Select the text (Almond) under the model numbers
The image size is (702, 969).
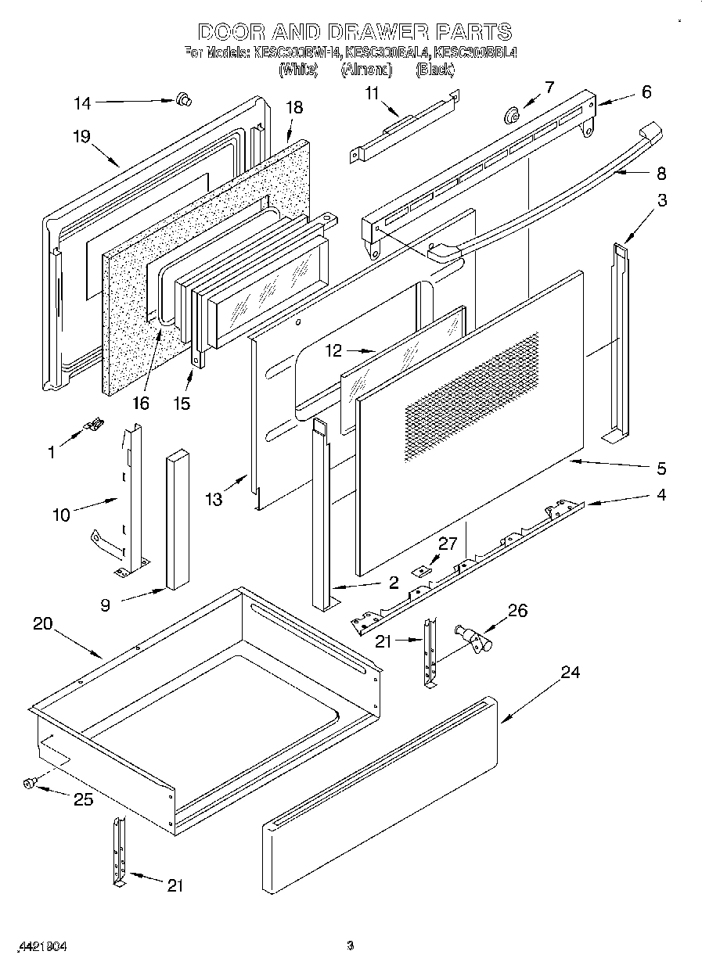[x=366, y=70]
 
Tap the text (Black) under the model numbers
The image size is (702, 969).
[x=434, y=70]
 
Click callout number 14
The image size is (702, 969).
[x=82, y=102]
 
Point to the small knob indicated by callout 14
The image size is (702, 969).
[x=185, y=99]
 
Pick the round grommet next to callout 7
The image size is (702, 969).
[x=512, y=116]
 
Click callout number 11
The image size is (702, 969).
[x=372, y=93]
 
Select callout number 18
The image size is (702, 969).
[x=294, y=108]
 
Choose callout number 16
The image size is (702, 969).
[x=140, y=404]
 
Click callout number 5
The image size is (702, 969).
[x=661, y=468]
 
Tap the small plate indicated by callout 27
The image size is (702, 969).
[x=423, y=572]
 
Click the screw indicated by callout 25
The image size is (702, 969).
[x=29, y=782]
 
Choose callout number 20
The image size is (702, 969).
[x=43, y=624]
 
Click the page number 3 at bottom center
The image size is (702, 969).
[x=351, y=946]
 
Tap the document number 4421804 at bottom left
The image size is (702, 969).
[x=39, y=946]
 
